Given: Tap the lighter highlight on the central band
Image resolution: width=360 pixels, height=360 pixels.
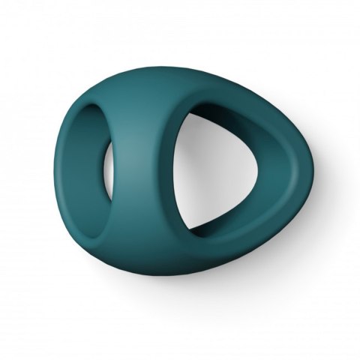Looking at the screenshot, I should [142, 135].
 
